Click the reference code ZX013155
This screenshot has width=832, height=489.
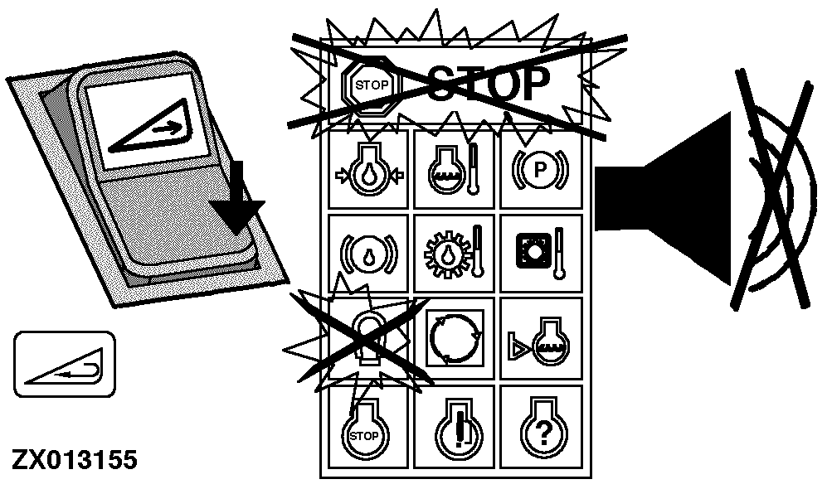pyautogui.click(x=75, y=460)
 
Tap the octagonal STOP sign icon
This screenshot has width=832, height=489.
pyautogui.click(x=371, y=86)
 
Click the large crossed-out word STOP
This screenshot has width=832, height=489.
pyautogui.click(x=488, y=84)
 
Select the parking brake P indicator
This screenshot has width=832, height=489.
pyautogui.click(x=540, y=170)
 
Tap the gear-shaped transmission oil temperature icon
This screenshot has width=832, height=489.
pyautogui.click(x=454, y=254)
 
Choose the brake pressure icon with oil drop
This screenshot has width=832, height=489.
pyautogui.click(x=368, y=254)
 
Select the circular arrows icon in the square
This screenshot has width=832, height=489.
pyautogui.click(x=455, y=338)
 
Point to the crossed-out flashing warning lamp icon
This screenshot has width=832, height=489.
pyautogui.click(x=368, y=338)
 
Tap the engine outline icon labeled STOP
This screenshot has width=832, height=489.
pyautogui.click(x=365, y=428)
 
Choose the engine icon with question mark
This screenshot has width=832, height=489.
pyautogui.click(x=543, y=428)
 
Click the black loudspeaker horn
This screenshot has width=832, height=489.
pyautogui.click(x=664, y=198)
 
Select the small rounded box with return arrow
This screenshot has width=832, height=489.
pyautogui.click(x=64, y=365)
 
